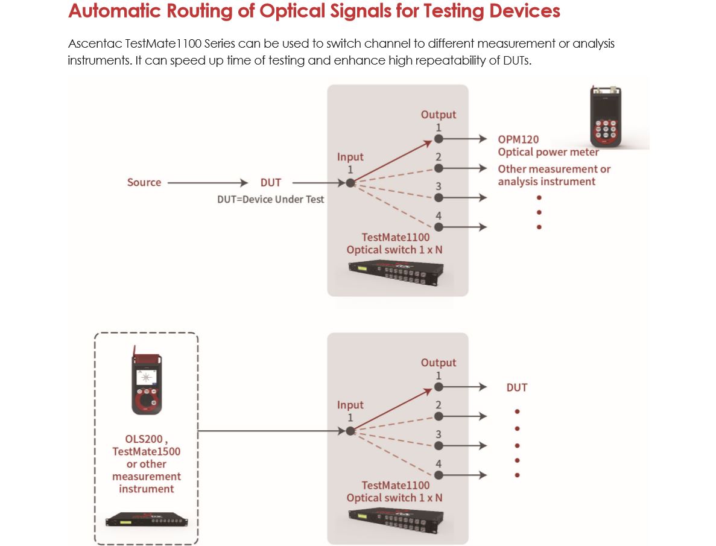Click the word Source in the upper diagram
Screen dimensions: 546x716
144,182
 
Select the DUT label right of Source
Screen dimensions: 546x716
270,182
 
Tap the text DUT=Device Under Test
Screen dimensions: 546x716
270,199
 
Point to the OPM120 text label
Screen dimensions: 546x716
518,139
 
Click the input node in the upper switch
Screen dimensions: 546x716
350,182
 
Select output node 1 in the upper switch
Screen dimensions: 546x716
439,139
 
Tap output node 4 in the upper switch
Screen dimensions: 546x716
439,227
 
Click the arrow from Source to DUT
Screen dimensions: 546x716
208,182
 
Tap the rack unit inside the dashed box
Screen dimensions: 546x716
145,520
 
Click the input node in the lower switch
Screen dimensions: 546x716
350,431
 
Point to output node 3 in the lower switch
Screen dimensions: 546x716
439,445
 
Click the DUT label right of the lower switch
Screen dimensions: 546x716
517,387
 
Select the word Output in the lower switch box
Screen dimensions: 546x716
439,363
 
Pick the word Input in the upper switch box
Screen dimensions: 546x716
350,157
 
